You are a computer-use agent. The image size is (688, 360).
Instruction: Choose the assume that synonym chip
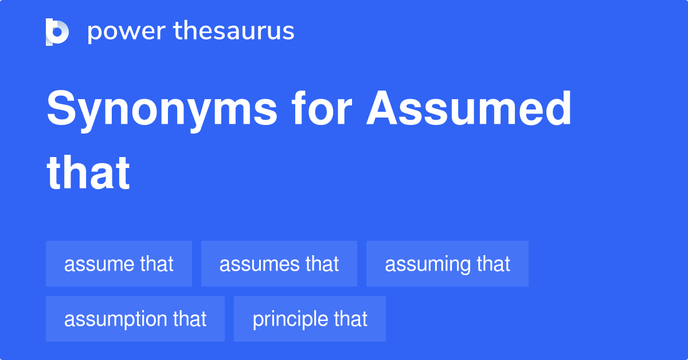coord(119,264)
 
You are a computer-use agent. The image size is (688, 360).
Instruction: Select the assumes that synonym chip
coord(279,264)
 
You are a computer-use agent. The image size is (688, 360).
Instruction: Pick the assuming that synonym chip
coord(447,264)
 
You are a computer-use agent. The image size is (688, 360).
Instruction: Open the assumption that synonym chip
coord(135,319)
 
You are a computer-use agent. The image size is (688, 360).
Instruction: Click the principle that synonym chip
coord(310,319)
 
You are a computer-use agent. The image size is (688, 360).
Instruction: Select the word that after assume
coord(156,264)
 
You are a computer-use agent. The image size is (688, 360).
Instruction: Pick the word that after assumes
coord(322,264)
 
